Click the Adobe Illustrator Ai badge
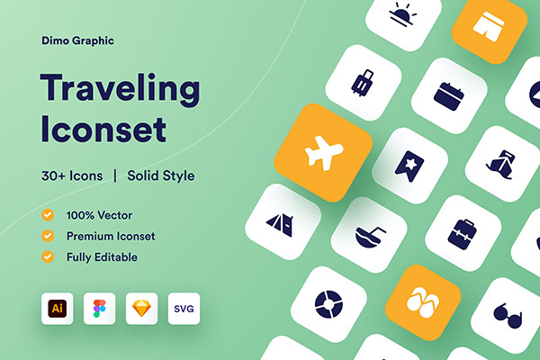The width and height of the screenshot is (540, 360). [58, 309]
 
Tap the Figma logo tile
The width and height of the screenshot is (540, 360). [100, 309]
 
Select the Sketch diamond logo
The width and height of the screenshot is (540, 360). [141, 309]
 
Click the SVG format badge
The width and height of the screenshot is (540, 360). [184, 309]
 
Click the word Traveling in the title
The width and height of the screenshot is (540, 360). [121, 90]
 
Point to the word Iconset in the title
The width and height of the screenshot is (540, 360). [103, 130]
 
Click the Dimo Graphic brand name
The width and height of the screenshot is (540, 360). [77, 40]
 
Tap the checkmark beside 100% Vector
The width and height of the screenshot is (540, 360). [48, 215]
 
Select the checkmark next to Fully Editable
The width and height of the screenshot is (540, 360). [48, 256]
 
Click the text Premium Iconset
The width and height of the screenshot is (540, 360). [111, 236]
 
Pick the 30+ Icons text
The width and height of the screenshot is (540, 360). [72, 175]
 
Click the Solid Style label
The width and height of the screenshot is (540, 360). [161, 175]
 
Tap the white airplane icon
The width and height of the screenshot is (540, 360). [324, 153]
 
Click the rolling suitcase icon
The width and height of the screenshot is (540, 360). [363, 83]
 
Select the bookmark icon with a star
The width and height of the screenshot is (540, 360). [409, 166]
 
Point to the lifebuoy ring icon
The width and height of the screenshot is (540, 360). [328, 304]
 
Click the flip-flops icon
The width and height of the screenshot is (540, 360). [423, 302]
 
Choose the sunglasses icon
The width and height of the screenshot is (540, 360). [508, 316]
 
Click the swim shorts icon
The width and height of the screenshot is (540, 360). [489, 26]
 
